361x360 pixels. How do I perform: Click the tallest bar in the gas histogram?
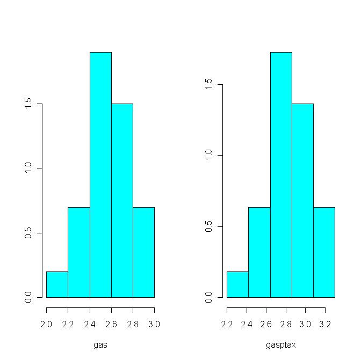point(100,174)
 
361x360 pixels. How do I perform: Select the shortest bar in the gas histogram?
point(57,284)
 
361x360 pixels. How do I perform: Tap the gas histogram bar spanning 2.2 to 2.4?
point(78,252)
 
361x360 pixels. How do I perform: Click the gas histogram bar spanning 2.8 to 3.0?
point(143,252)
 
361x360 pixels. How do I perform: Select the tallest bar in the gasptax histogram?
point(281,174)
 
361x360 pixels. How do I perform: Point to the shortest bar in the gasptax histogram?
point(237,285)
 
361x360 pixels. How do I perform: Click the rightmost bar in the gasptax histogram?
point(324,252)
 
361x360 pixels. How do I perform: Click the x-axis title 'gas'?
point(100,345)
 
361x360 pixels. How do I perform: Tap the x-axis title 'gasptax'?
point(281,345)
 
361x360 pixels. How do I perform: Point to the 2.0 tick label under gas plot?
point(47,324)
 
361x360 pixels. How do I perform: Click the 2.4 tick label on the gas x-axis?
point(90,324)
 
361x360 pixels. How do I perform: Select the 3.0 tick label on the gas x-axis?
point(154,324)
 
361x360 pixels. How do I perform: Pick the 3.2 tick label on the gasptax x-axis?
point(325,324)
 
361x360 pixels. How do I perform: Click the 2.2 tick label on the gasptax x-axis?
point(227,324)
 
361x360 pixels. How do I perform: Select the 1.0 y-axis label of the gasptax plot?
point(209,156)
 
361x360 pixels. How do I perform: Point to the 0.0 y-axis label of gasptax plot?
point(209,297)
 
